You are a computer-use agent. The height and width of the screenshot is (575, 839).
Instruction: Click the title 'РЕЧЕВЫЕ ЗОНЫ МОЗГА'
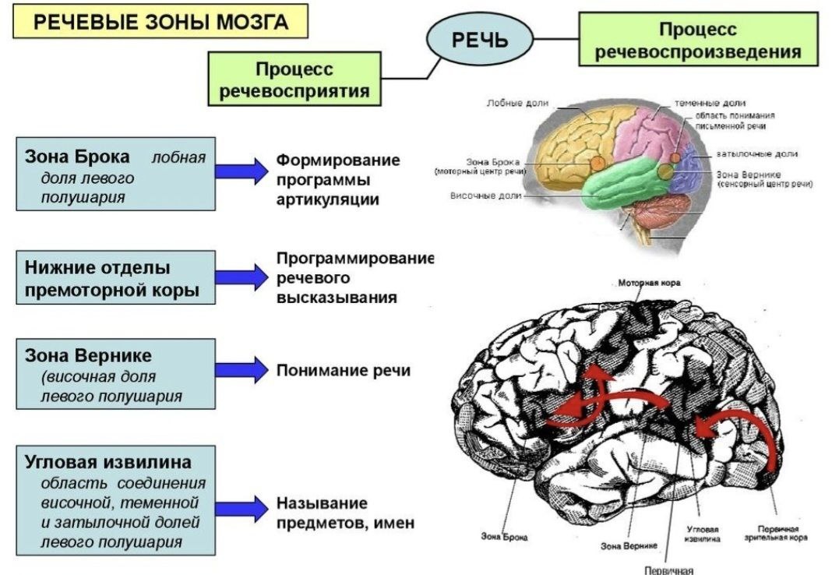(161, 23)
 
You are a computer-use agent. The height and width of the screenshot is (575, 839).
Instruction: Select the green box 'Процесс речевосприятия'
(294, 78)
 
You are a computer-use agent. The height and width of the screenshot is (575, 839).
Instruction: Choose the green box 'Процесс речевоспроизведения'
(698, 41)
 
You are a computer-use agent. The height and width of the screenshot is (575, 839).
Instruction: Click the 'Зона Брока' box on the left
(115, 175)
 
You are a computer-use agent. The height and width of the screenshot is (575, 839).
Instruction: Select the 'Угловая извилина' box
(115, 499)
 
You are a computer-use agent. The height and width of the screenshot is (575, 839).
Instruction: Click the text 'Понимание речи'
(344, 370)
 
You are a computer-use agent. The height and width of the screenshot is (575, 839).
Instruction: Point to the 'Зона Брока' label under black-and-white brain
(504, 536)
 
